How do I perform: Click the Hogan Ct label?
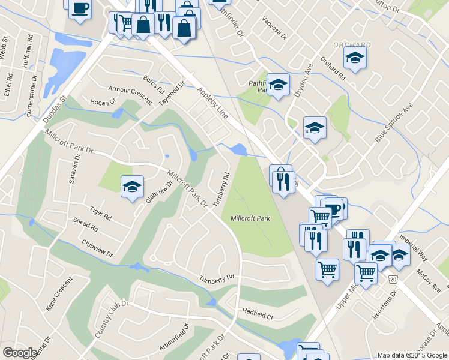103,103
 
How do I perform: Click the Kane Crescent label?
59,293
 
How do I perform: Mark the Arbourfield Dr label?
174,338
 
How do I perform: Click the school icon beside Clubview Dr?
132,186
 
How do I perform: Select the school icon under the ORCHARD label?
355,58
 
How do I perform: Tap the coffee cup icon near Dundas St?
80,8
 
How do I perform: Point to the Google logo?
20,353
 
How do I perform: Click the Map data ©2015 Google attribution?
412,355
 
